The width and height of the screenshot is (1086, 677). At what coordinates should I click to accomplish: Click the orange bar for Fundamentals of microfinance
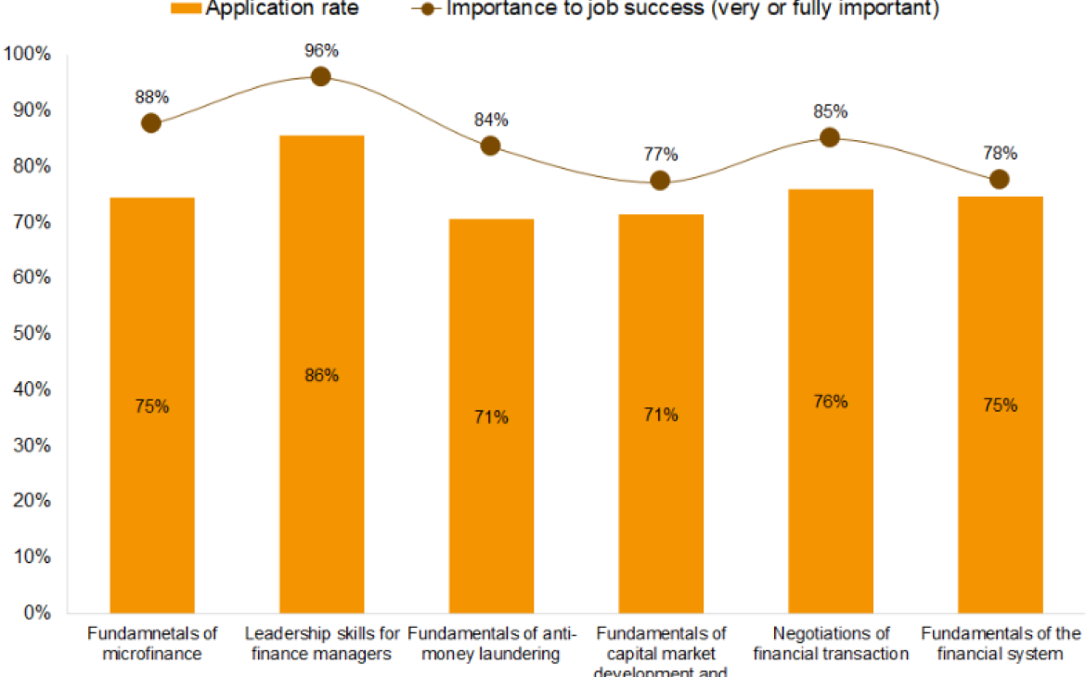(152, 405)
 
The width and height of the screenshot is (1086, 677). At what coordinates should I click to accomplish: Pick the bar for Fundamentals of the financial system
(1000, 404)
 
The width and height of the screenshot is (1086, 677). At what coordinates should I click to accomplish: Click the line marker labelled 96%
(321, 76)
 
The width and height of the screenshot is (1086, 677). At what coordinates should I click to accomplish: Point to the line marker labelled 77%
(660, 180)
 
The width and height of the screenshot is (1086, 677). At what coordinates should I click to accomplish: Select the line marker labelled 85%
(830, 137)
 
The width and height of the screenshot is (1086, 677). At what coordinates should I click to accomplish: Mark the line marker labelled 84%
(491, 146)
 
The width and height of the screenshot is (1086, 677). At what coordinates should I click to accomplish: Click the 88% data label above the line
(151, 96)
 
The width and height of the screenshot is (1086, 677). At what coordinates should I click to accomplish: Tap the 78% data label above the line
(1000, 153)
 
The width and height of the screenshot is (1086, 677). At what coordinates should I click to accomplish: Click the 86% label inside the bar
(321, 376)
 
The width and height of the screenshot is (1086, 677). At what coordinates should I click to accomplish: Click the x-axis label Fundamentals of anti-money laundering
(491, 644)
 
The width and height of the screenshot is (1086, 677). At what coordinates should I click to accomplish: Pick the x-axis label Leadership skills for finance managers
(321, 644)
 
